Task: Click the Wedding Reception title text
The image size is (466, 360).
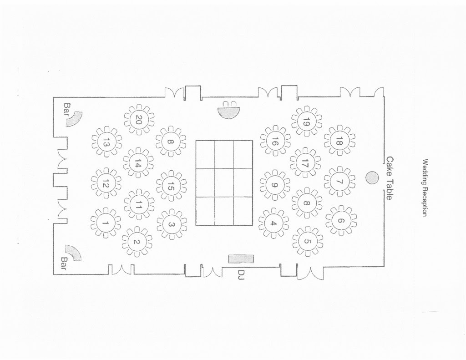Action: (x=425, y=188)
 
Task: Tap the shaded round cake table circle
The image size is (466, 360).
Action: (x=372, y=178)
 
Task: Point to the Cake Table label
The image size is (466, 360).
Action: (x=390, y=178)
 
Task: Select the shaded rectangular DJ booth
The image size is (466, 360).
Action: (x=241, y=259)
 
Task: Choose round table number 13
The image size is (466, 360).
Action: (x=106, y=142)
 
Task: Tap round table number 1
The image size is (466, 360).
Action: (x=106, y=223)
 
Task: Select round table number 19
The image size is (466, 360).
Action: (x=306, y=122)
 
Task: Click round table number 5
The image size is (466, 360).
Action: (x=307, y=241)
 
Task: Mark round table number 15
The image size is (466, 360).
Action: (x=171, y=186)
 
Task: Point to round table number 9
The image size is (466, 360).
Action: (x=274, y=185)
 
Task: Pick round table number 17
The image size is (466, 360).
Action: (x=305, y=163)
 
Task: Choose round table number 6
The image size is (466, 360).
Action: (x=341, y=221)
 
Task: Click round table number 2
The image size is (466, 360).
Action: (x=137, y=242)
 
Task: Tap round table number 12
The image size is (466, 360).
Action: (x=106, y=184)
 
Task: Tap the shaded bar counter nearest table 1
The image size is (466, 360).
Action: (x=73, y=251)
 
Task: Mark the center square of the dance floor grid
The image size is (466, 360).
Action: (x=224, y=183)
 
